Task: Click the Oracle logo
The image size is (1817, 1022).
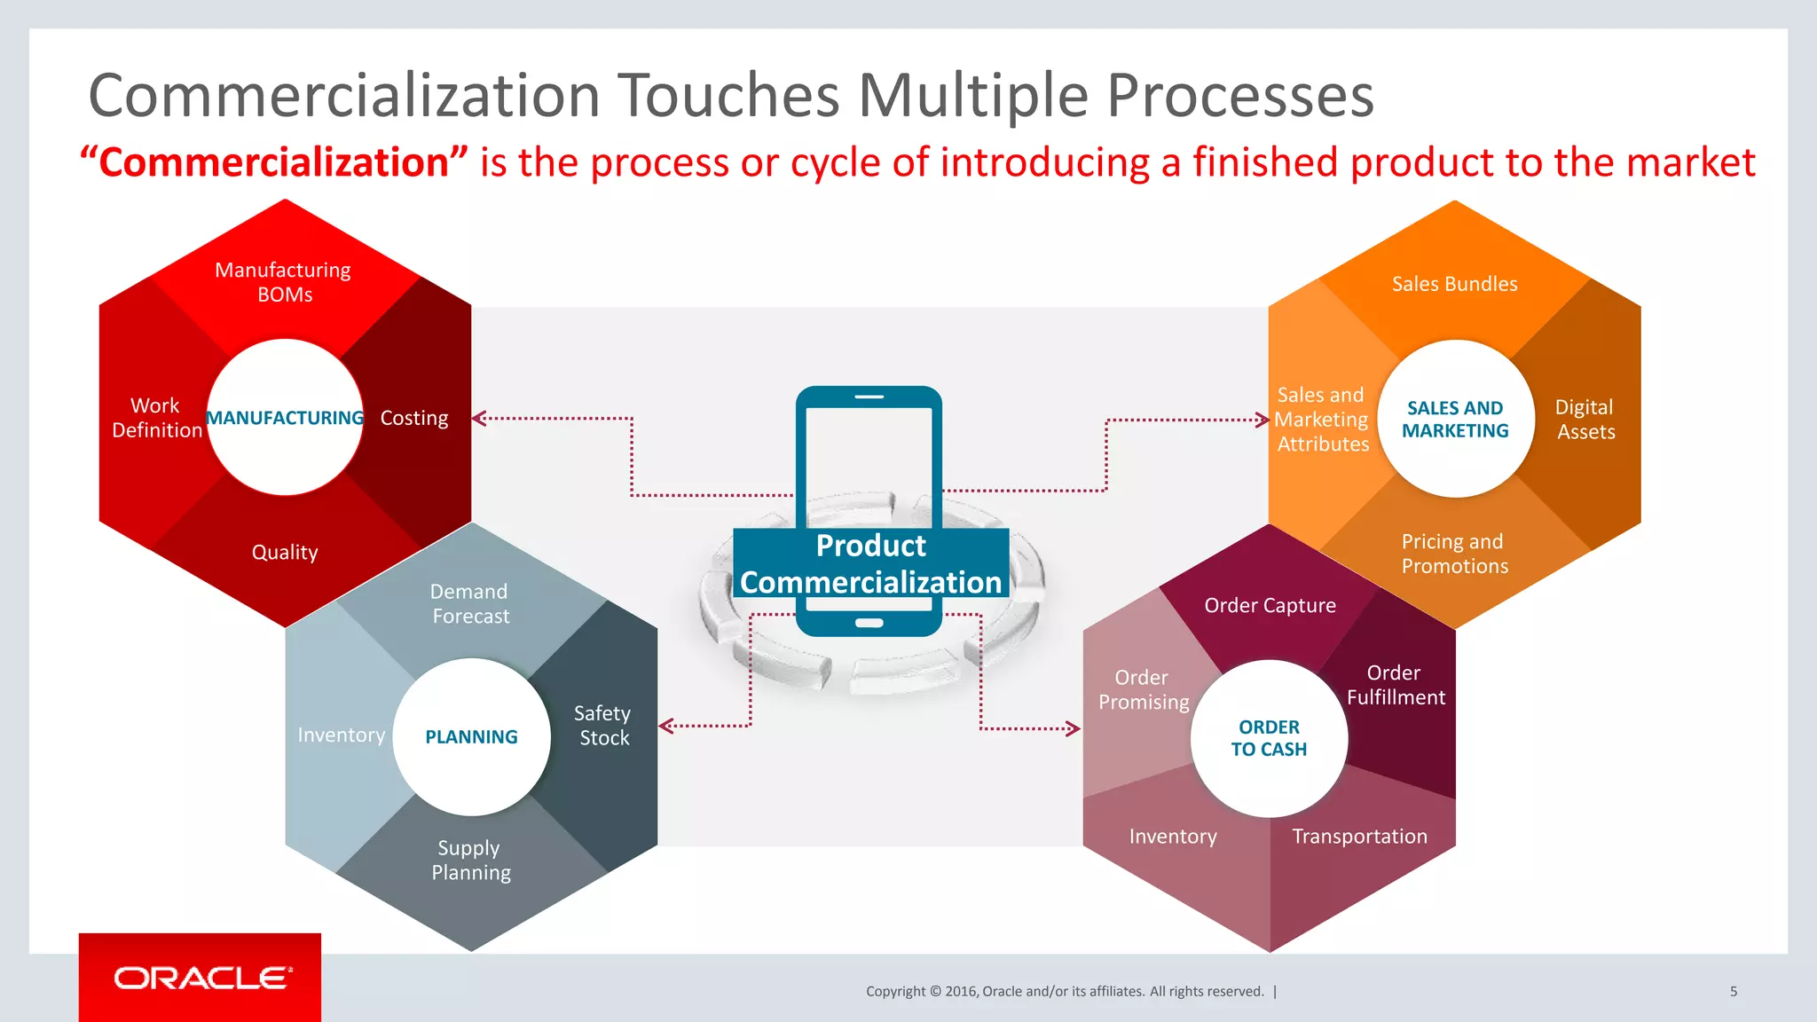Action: click(201, 978)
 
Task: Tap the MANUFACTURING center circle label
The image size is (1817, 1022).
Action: click(285, 418)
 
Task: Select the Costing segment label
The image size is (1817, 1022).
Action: click(414, 418)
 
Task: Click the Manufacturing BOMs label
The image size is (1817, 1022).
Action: click(284, 282)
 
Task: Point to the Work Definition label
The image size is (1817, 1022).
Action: click(156, 418)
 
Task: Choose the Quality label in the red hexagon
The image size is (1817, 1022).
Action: click(285, 553)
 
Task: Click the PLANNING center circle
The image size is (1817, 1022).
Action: click(471, 737)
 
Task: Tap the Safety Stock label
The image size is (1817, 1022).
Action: click(602, 726)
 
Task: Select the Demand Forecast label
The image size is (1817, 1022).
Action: click(469, 603)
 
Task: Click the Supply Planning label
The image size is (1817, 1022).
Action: click(470, 860)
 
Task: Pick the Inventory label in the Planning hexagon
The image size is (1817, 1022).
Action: click(342, 735)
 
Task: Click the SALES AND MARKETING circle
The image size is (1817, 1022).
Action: click(1455, 420)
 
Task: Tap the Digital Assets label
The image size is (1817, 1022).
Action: click(1585, 420)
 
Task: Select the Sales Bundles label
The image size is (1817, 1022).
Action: click(1454, 284)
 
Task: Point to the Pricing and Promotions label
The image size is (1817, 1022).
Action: click(1454, 554)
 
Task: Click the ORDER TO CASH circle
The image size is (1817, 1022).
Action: click(1269, 738)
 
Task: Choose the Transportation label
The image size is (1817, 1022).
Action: click(1359, 837)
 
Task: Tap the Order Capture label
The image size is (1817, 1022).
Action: click(1270, 606)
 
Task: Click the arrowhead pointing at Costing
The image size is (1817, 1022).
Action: click(480, 418)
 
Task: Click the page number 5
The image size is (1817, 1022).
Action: click(1734, 992)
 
